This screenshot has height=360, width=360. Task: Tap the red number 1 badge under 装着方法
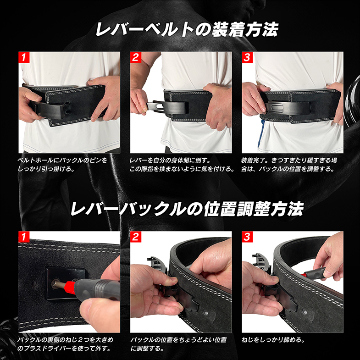point(24,57)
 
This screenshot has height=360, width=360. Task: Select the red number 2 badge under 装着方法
point(136,57)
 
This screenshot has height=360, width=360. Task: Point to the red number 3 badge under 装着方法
point(247,57)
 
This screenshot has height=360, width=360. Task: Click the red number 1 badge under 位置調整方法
point(24,237)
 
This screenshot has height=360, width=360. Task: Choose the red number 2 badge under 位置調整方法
point(136,237)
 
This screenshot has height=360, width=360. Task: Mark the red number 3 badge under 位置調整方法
point(247,237)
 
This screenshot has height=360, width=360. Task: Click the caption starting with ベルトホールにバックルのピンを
point(62,164)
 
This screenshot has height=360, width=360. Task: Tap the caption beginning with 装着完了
point(290,164)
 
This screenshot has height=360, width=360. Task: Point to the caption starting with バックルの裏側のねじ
point(65,344)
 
